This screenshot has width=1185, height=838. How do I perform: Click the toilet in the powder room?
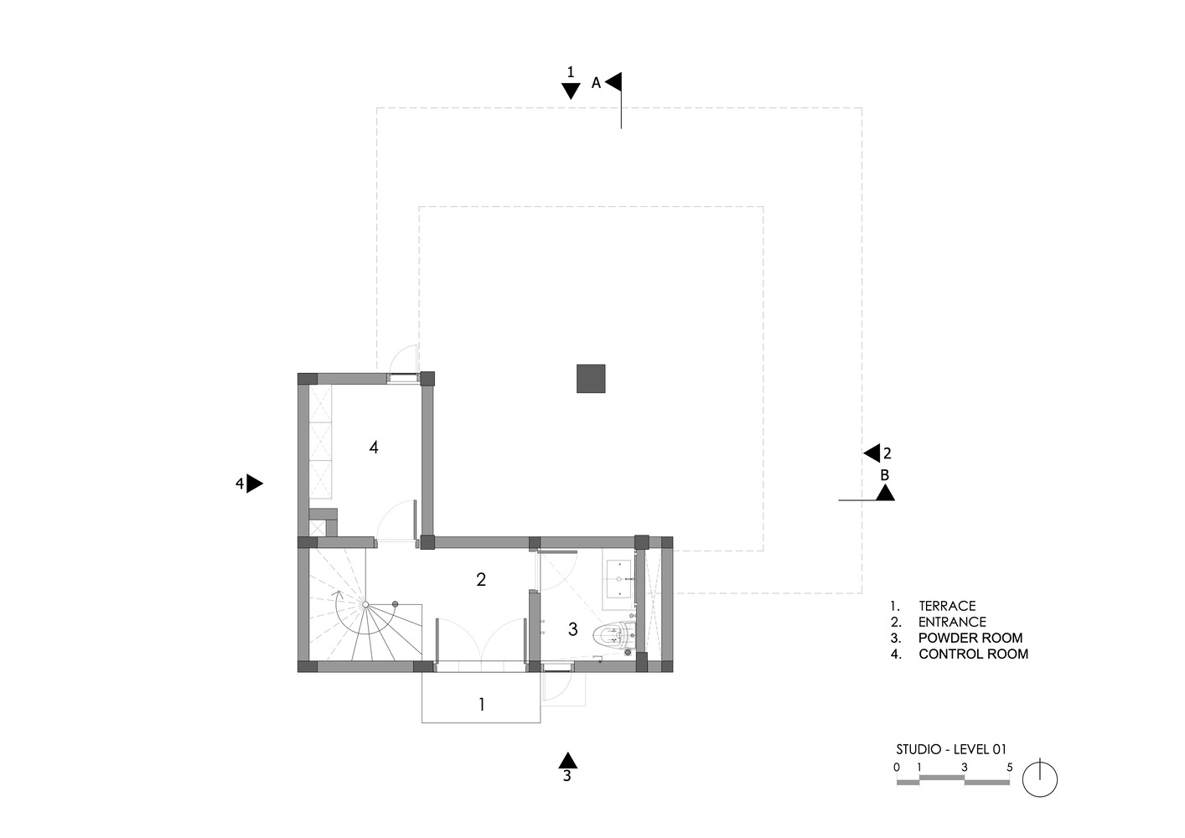click(613, 635)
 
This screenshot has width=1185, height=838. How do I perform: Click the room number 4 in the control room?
click(374, 447)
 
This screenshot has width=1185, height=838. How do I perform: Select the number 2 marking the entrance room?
click(481, 580)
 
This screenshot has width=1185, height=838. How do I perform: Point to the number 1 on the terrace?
click(481, 704)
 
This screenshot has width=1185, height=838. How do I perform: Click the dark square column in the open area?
click(590, 378)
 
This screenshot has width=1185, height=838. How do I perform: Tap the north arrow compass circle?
click(1039, 780)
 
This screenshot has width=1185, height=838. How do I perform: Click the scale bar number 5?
click(1009, 767)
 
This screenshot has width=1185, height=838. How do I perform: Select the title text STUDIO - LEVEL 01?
click(951, 749)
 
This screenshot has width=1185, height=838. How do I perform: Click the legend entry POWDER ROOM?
click(970, 638)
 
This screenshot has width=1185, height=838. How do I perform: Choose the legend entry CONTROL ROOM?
click(974, 654)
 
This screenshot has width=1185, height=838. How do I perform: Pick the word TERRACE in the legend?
click(947, 606)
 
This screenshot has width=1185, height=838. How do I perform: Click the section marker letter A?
click(596, 83)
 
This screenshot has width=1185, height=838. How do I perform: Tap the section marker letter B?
click(884, 475)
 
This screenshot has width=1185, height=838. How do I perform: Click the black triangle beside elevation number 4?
click(255, 484)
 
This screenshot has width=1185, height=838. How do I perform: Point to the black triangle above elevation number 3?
click(567, 760)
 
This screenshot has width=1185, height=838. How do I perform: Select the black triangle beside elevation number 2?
click(872, 453)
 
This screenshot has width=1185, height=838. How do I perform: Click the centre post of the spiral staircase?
click(365, 604)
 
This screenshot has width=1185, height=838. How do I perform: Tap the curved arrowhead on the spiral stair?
click(338, 595)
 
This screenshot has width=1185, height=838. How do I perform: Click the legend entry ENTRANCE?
click(952, 622)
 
